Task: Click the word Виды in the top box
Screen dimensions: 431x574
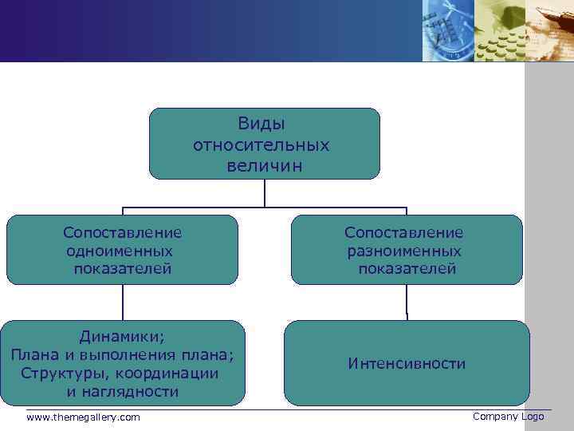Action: pos(261,125)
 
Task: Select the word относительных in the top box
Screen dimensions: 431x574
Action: pos(261,146)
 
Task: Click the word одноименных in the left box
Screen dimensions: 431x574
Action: pos(121,251)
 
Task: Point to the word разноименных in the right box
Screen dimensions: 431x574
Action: pos(404,251)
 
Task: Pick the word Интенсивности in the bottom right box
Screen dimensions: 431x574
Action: pos(407,364)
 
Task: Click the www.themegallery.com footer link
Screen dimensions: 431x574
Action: pos(83,417)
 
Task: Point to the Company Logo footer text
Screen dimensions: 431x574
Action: pos(508,417)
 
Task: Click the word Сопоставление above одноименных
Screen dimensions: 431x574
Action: pos(123,232)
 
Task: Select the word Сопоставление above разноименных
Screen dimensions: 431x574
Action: pos(404,232)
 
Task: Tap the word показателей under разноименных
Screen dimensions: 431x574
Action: pos(407,269)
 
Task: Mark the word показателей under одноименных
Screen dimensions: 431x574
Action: pos(123,269)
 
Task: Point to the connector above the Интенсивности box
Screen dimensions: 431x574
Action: pos(407,302)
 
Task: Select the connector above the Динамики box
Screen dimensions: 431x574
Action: pos(123,302)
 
